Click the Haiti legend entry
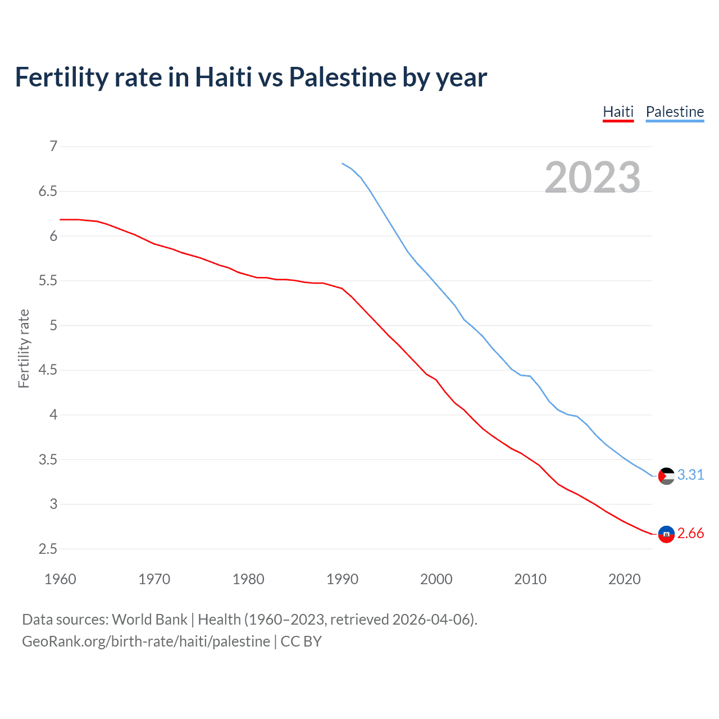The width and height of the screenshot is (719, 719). (618, 112)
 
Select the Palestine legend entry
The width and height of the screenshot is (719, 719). (675, 112)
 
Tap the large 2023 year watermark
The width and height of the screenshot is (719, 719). (593, 178)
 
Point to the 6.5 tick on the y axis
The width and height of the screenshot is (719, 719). (48, 192)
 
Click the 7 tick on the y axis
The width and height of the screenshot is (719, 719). (53, 147)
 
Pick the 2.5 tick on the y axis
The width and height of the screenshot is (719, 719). (48, 549)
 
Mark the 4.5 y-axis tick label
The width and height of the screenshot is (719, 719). (48, 370)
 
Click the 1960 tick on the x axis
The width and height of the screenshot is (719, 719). (60, 579)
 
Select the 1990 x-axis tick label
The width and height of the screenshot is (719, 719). (342, 579)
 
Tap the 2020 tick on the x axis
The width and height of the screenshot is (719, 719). (624, 579)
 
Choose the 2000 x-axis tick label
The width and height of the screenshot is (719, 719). (436, 579)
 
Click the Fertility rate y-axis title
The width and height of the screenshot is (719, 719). (24, 348)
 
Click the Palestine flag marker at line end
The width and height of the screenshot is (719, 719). (666, 476)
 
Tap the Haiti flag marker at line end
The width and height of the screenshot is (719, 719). (666, 534)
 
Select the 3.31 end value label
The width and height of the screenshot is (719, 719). (690, 475)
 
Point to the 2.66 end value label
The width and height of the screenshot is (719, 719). (690, 534)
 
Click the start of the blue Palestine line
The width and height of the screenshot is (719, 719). (343, 163)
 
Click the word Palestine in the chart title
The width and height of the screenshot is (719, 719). (343, 78)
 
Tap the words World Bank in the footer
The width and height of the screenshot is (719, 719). (149, 620)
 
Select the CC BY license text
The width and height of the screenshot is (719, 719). (301, 641)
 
